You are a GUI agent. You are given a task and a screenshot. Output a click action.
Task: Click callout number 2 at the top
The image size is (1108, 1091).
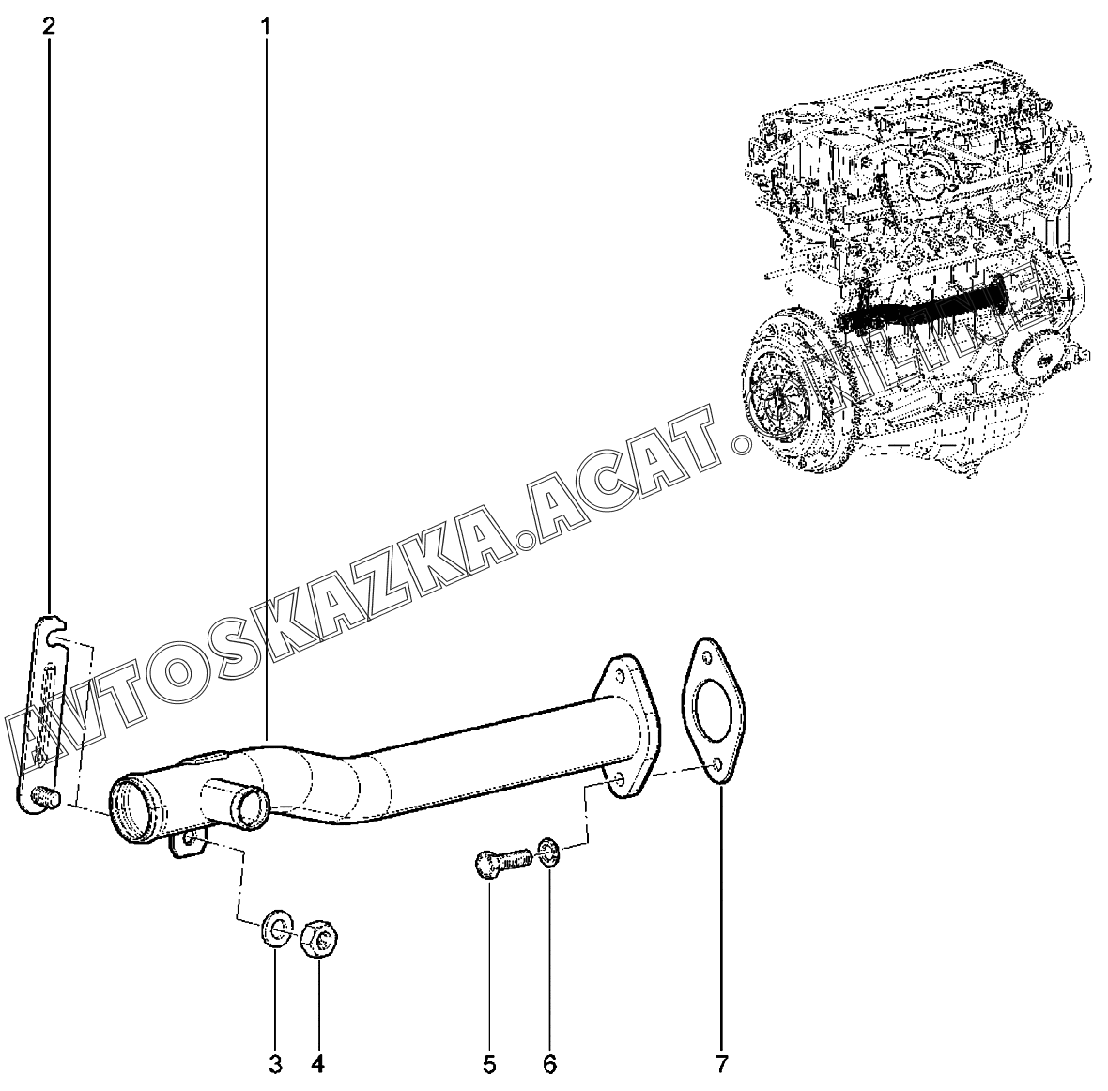tap(48, 25)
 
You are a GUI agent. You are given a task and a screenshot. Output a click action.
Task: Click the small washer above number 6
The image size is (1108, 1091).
tap(550, 854)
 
